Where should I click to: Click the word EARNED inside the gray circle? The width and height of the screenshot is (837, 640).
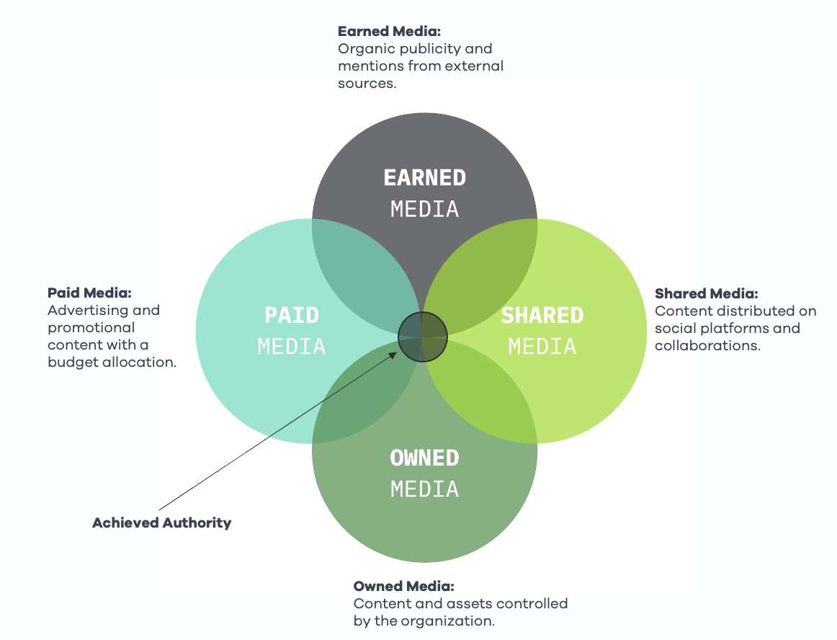click(424, 177)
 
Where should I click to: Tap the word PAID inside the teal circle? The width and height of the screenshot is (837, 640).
click(292, 315)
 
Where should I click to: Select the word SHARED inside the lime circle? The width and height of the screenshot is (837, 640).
click(542, 315)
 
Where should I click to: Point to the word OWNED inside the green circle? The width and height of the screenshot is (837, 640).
click(424, 458)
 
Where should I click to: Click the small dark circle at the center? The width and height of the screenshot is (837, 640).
click(423, 337)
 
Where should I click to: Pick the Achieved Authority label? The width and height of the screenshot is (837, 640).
click(161, 523)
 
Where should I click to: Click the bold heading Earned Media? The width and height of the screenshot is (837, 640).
click(389, 32)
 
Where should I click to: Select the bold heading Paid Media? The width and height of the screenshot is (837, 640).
click(89, 293)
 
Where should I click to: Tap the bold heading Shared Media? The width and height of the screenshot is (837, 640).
click(707, 293)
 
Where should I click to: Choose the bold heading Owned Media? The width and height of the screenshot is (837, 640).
click(403, 586)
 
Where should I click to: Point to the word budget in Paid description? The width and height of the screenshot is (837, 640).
click(70, 363)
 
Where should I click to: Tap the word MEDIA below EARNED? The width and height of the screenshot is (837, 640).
click(424, 209)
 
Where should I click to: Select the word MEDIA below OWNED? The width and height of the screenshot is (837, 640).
click(424, 489)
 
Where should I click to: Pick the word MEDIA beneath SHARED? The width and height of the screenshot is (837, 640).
click(542, 347)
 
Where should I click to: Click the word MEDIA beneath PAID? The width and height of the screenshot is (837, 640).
click(292, 347)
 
